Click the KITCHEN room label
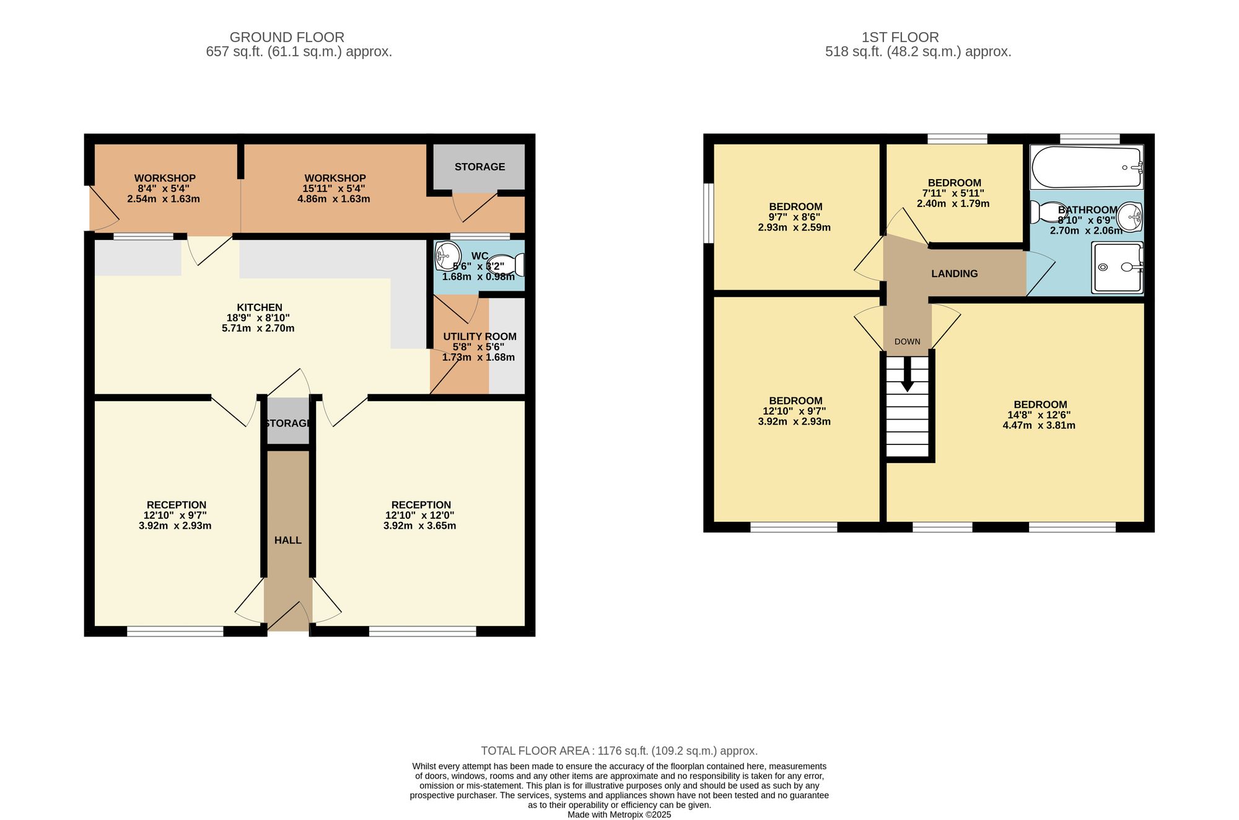point(260,307)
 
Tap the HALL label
point(288,540)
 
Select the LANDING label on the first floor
point(955,273)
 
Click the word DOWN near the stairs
point(908,342)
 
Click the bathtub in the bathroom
point(1087,167)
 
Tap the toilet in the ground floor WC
point(506,265)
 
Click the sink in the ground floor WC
point(448,256)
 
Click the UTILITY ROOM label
point(479,337)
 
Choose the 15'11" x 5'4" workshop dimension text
point(335,188)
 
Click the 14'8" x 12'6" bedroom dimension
point(1039,415)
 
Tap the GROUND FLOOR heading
point(287,37)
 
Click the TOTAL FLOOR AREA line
point(619,751)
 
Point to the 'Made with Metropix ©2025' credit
point(619,815)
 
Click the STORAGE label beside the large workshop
point(479,167)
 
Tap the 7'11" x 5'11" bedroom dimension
point(953,193)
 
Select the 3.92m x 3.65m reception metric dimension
point(419,526)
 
